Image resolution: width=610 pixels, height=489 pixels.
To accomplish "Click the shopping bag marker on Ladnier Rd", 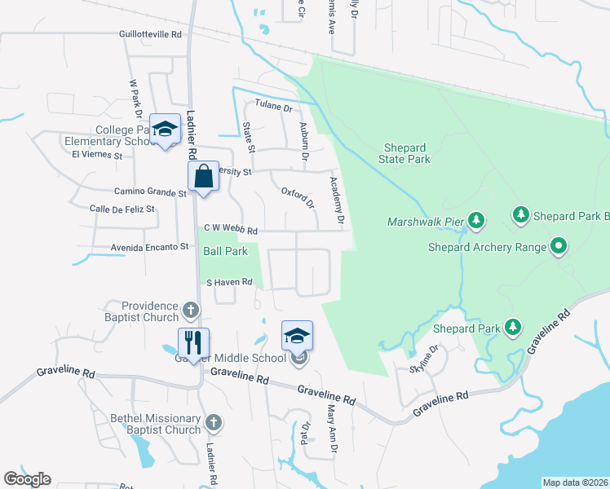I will click(x=202, y=176).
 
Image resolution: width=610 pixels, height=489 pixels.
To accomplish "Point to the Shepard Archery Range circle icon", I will click(x=558, y=245).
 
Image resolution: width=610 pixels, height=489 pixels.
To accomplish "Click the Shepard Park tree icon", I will click(x=512, y=327).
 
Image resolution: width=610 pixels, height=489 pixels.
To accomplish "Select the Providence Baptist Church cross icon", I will click(x=190, y=310).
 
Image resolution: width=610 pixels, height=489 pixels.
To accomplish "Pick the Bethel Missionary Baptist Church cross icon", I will click(x=213, y=422).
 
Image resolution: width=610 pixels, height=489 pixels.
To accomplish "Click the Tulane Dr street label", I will click(x=273, y=106).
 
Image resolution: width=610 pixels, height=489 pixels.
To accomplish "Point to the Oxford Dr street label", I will click(x=298, y=198).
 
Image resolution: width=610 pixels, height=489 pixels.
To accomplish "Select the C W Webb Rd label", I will click(x=231, y=230).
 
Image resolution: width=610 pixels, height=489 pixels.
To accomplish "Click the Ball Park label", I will click(x=225, y=252).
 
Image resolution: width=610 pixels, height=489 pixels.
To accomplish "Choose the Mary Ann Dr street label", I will click(x=332, y=423).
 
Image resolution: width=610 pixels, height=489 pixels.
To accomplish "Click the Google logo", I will click(x=27, y=479).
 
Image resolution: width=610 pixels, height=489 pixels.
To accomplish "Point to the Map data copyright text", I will click(x=575, y=482).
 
